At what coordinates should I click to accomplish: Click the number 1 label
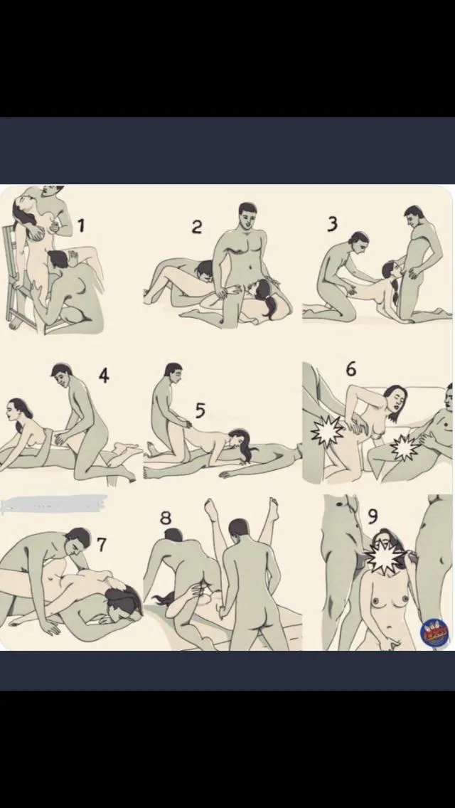[81, 226]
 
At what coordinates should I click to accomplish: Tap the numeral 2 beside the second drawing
[197, 227]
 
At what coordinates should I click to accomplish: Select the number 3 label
[332, 224]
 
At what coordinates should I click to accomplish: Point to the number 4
[104, 375]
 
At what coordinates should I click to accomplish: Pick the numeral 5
[200, 410]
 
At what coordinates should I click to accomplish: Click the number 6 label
[350, 370]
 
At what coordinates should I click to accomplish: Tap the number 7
[102, 545]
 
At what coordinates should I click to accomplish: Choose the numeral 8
[166, 518]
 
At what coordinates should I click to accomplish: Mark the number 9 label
[373, 516]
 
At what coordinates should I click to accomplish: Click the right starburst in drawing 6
[405, 447]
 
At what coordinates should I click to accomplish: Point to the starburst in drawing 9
[384, 557]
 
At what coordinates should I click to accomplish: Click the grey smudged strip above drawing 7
[53, 504]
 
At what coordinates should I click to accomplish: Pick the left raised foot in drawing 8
[210, 510]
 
